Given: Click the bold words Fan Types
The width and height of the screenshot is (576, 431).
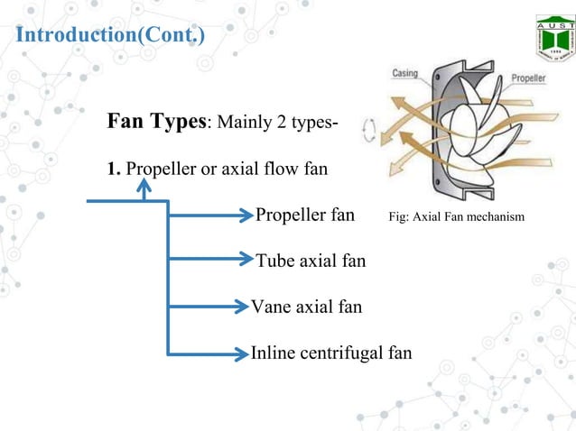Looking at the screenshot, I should [157, 122].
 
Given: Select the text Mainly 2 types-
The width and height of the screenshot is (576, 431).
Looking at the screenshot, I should [276, 124].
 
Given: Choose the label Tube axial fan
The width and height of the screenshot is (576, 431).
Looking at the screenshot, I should [311, 261].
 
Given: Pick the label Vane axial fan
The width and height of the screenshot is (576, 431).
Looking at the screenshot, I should [306, 307].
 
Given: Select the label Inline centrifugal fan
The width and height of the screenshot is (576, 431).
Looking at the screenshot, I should [331, 352].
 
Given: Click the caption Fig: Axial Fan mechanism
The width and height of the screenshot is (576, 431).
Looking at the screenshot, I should [456, 217].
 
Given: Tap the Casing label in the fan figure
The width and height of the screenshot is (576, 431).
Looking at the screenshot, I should [404, 74].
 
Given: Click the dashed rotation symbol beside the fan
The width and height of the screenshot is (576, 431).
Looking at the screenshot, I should [368, 133].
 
